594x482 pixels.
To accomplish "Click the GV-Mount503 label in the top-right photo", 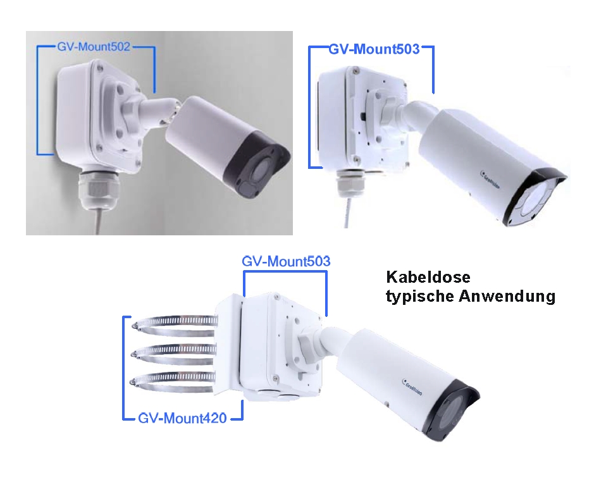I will click(374, 49).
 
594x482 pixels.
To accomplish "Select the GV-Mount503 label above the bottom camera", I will click(286, 261).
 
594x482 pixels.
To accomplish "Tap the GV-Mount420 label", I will click(182, 417).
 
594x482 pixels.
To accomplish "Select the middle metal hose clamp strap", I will click(174, 352).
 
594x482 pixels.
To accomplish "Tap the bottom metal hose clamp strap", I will click(174, 380).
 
